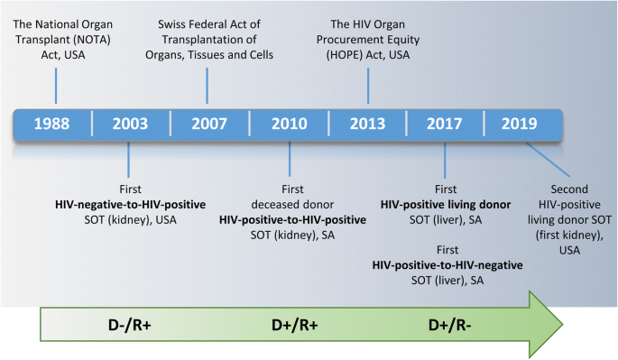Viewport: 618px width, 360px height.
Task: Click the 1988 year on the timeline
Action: click(x=52, y=125)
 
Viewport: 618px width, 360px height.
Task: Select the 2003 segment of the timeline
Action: click(x=131, y=125)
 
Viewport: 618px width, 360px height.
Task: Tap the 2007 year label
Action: click(x=209, y=125)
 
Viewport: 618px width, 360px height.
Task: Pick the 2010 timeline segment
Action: click(x=290, y=125)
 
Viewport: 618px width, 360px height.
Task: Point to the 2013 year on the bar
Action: click(x=367, y=125)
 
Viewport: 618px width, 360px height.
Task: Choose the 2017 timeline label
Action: click(x=446, y=125)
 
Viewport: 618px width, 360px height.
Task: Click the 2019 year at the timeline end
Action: click(x=521, y=125)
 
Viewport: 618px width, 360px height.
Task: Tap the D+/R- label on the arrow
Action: click(x=451, y=327)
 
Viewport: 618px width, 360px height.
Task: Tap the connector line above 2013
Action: click(x=368, y=87)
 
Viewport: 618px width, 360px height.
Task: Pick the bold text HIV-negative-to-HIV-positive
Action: click(x=131, y=204)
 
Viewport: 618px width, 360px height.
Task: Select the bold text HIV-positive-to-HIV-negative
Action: click(x=447, y=265)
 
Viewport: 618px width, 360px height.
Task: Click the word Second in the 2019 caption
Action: click(x=568, y=189)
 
